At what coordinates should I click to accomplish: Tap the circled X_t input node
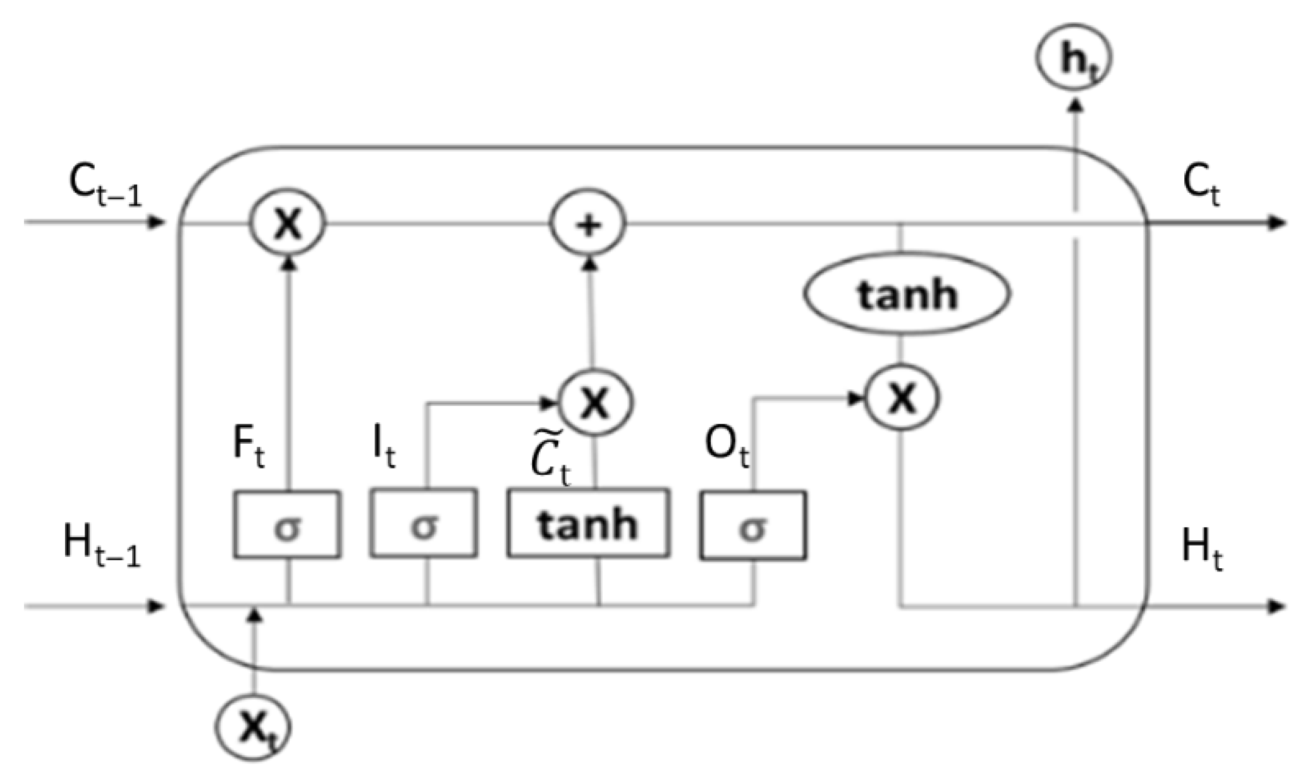(253, 728)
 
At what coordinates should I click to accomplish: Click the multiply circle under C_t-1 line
(288, 224)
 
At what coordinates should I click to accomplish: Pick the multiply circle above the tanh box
(596, 402)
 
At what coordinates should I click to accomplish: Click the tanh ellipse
(907, 295)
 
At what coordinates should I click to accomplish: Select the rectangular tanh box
(588, 523)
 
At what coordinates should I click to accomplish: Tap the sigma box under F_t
(287, 525)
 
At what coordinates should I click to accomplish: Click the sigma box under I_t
(424, 523)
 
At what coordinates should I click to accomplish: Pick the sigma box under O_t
(752, 525)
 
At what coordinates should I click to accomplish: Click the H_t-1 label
(101, 545)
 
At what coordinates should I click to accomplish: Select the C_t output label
(1200, 186)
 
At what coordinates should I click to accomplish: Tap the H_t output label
(1201, 549)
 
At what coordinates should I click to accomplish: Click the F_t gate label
(248, 446)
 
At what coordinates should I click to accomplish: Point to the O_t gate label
(727, 446)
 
